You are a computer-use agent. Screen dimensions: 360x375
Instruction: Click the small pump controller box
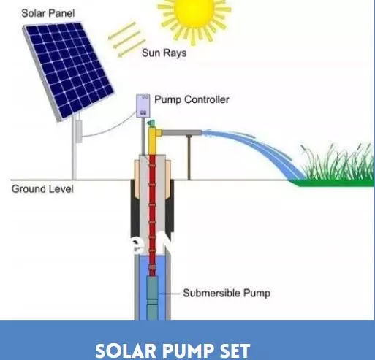coord(143,107)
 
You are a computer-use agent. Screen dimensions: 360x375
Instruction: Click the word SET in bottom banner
coord(234,351)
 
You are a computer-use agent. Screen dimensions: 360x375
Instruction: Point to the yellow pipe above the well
coord(153,142)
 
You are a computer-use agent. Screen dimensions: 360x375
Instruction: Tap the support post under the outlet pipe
coord(189,157)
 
